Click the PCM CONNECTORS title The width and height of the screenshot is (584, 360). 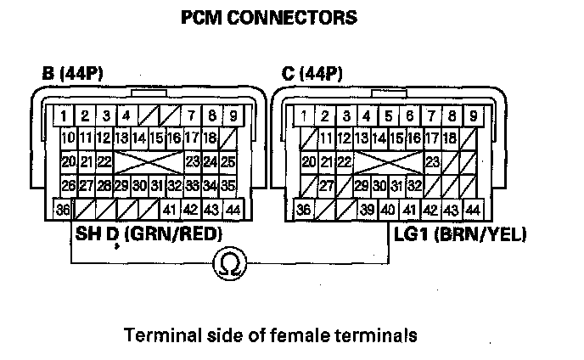pyautogui.click(x=269, y=18)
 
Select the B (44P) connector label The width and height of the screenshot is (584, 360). pyautogui.click(x=80, y=74)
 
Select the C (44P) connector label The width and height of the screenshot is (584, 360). pyautogui.click(x=312, y=74)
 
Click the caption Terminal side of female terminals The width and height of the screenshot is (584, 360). pyautogui.click(x=270, y=335)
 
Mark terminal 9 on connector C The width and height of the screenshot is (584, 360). pyautogui.click(x=473, y=115)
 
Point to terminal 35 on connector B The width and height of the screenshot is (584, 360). pyautogui.click(x=228, y=185)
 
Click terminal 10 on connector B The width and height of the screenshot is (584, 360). pyautogui.click(x=68, y=138)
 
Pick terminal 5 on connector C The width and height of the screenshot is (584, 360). pyautogui.click(x=388, y=115)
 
